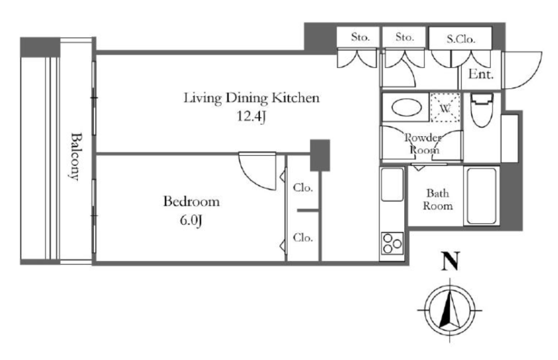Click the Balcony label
74,156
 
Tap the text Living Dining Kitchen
252,98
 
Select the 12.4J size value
252,117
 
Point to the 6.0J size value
191,221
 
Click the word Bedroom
191,202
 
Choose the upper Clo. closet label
303,187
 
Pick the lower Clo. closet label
303,237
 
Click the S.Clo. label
461,39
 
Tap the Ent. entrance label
481,74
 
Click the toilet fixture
481,109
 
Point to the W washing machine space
445,107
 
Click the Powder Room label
423,144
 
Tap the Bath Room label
438,199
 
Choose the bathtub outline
482,196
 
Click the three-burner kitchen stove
392,243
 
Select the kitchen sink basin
392,185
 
